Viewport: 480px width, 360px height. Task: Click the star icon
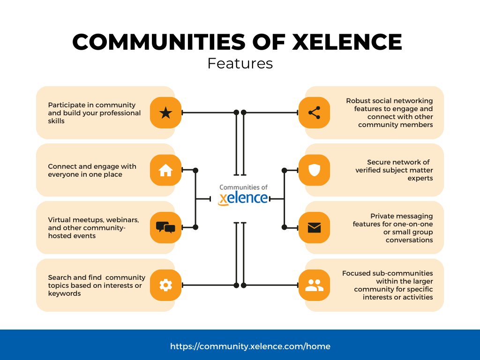[x=165, y=112]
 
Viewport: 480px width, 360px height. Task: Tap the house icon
[x=165, y=171]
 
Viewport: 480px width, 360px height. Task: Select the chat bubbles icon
[x=165, y=228]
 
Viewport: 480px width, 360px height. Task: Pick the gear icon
[x=165, y=285]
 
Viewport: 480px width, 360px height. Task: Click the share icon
[x=314, y=112]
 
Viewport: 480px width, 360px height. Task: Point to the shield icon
[x=314, y=170]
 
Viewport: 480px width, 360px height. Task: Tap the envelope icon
[x=314, y=228]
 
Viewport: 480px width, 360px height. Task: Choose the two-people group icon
[x=314, y=285]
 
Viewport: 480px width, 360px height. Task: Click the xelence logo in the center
[x=243, y=198]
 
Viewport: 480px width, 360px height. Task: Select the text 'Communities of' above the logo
[x=243, y=187]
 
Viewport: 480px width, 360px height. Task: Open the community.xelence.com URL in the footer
[x=250, y=346]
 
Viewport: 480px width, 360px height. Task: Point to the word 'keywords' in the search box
[x=64, y=293]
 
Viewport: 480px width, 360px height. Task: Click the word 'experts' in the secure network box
[x=420, y=178]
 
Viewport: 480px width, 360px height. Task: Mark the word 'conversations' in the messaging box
[x=409, y=240]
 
